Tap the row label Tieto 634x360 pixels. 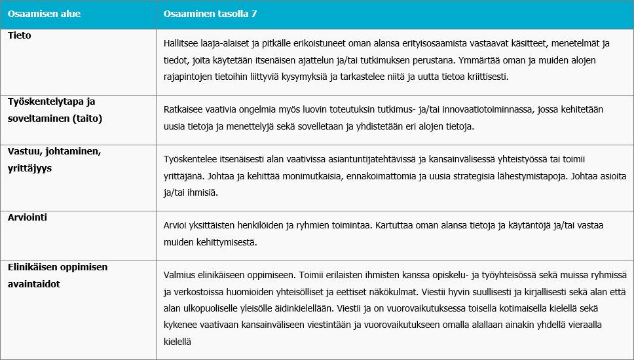pyautogui.click(x=20, y=35)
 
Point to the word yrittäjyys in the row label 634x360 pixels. pyautogui.click(x=29, y=168)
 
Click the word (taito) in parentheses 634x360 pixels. pyautogui.click(x=88, y=120)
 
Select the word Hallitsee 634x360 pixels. pyautogui.click(x=182, y=44)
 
